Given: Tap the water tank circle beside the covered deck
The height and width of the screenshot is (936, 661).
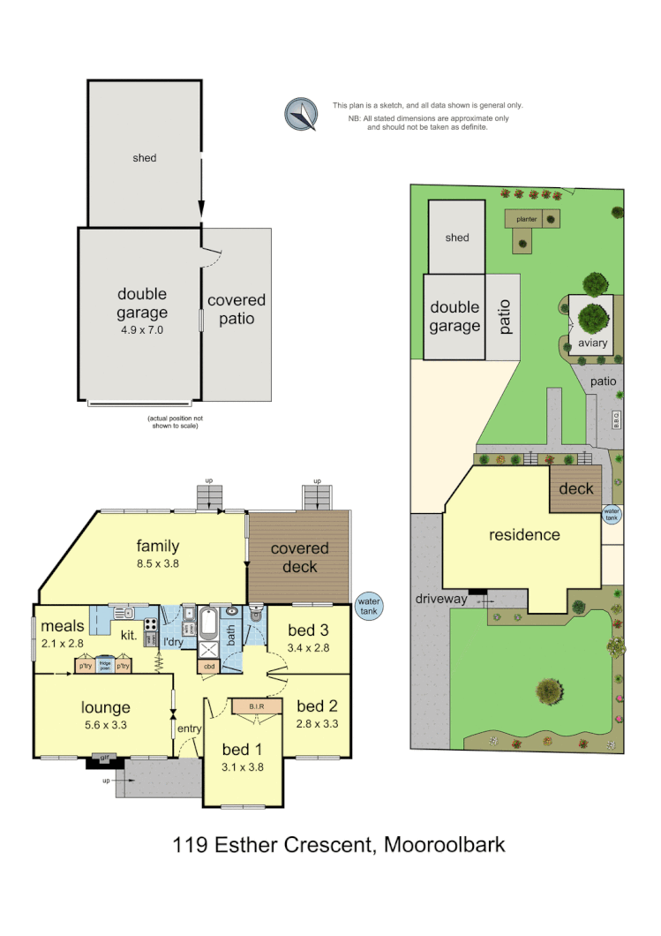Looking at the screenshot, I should pyautogui.click(x=368, y=607).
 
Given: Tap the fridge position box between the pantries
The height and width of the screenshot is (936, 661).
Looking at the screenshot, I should pyautogui.click(x=105, y=666).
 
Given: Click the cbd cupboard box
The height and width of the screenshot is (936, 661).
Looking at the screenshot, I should pyautogui.click(x=209, y=667).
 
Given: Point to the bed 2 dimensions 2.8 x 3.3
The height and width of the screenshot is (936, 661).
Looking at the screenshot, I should pyautogui.click(x=318, y=723).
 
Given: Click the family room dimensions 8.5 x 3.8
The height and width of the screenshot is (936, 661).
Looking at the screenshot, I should pyautogui.click(x=157, y=562).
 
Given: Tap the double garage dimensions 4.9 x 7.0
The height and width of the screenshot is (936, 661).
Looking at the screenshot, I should pyautogui.click(x=142, y=329).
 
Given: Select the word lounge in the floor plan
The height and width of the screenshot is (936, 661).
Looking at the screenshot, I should pyautogui.click(x=106, y=706).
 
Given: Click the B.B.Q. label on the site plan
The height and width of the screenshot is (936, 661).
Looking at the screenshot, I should pyautogui.click(x=617, y=420).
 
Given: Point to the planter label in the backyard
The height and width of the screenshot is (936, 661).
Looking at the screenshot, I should pyautogui.click(x=527, y=218).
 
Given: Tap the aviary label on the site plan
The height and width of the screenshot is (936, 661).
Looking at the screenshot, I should pyautogui.click(x=592, y=343).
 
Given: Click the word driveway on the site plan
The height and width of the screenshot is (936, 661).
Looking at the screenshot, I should pyautogui.click(x=441, y=600).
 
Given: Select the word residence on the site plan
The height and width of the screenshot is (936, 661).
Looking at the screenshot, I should pyautogui.click(x=525, y=534).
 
